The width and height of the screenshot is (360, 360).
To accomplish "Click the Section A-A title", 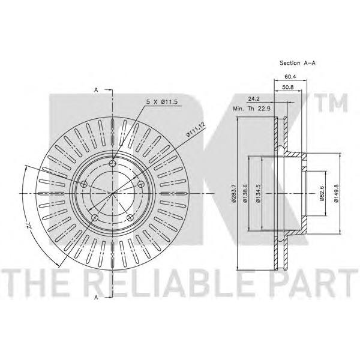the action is (x=298, y=62).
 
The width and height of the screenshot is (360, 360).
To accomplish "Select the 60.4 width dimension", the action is (x=290, y=77).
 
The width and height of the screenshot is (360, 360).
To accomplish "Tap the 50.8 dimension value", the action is (x=287, y=87).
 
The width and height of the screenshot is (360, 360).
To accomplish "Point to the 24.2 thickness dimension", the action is (x=253, y=99).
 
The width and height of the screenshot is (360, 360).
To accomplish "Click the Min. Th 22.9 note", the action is (x=251, y=109).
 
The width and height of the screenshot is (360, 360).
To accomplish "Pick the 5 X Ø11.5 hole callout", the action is (x=162, y=102).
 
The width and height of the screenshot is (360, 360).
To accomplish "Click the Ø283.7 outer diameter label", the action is (x=234, y=193).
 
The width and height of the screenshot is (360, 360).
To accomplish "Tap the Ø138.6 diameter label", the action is (x=245, y=193).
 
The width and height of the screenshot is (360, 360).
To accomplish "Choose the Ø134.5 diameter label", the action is (x=258, y=193).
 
